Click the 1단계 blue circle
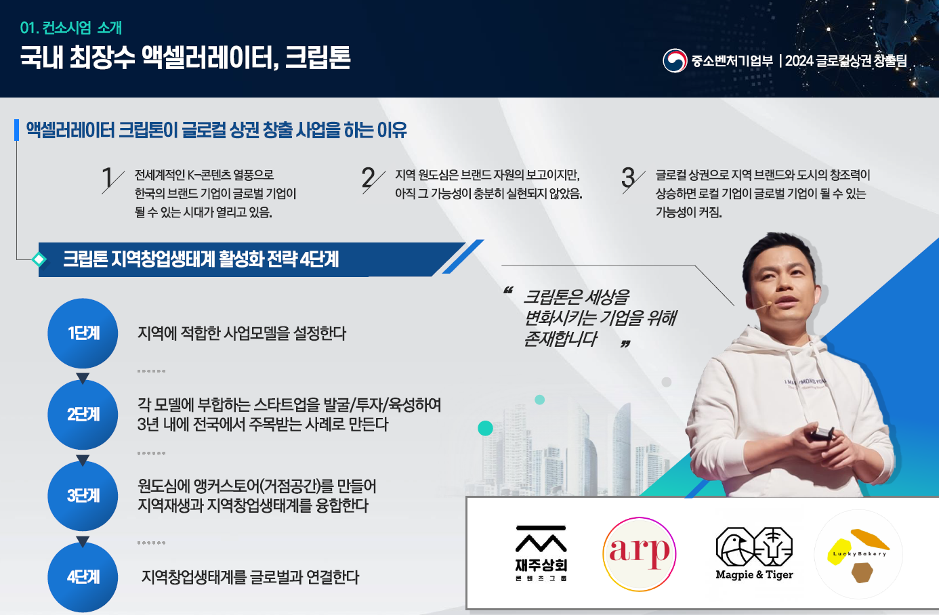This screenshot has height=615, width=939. tap(83, 333)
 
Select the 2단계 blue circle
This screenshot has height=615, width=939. tap(83, 415)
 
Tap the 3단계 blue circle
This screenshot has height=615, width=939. tap(83, 496)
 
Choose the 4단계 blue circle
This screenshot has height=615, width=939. tap(83, 577)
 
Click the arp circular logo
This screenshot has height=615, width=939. tap(640, 554)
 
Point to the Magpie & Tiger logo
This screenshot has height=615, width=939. tap(755, 553)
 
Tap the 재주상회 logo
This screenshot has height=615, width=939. tap(541, 553)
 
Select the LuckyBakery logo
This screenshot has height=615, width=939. tap(858, 554)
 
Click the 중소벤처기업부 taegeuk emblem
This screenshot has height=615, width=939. tap(675, 61)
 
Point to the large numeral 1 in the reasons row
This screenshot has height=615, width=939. tap(108, 177)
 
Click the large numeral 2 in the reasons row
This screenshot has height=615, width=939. tap(368, 177)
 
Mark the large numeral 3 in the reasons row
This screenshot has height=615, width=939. tap(628, 177)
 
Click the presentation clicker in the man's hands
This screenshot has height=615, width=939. tap(822, 434)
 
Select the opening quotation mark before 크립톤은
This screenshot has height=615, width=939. tap(508, 290)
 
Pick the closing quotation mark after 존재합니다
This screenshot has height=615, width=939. tap(625, 344)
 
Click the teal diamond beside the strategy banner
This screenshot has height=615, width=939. tap(39, 259)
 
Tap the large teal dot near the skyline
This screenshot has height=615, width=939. tap(486, 428)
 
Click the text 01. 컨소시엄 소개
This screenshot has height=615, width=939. tap(71, 28)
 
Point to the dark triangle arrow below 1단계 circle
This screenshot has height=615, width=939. tap(83, 378)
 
